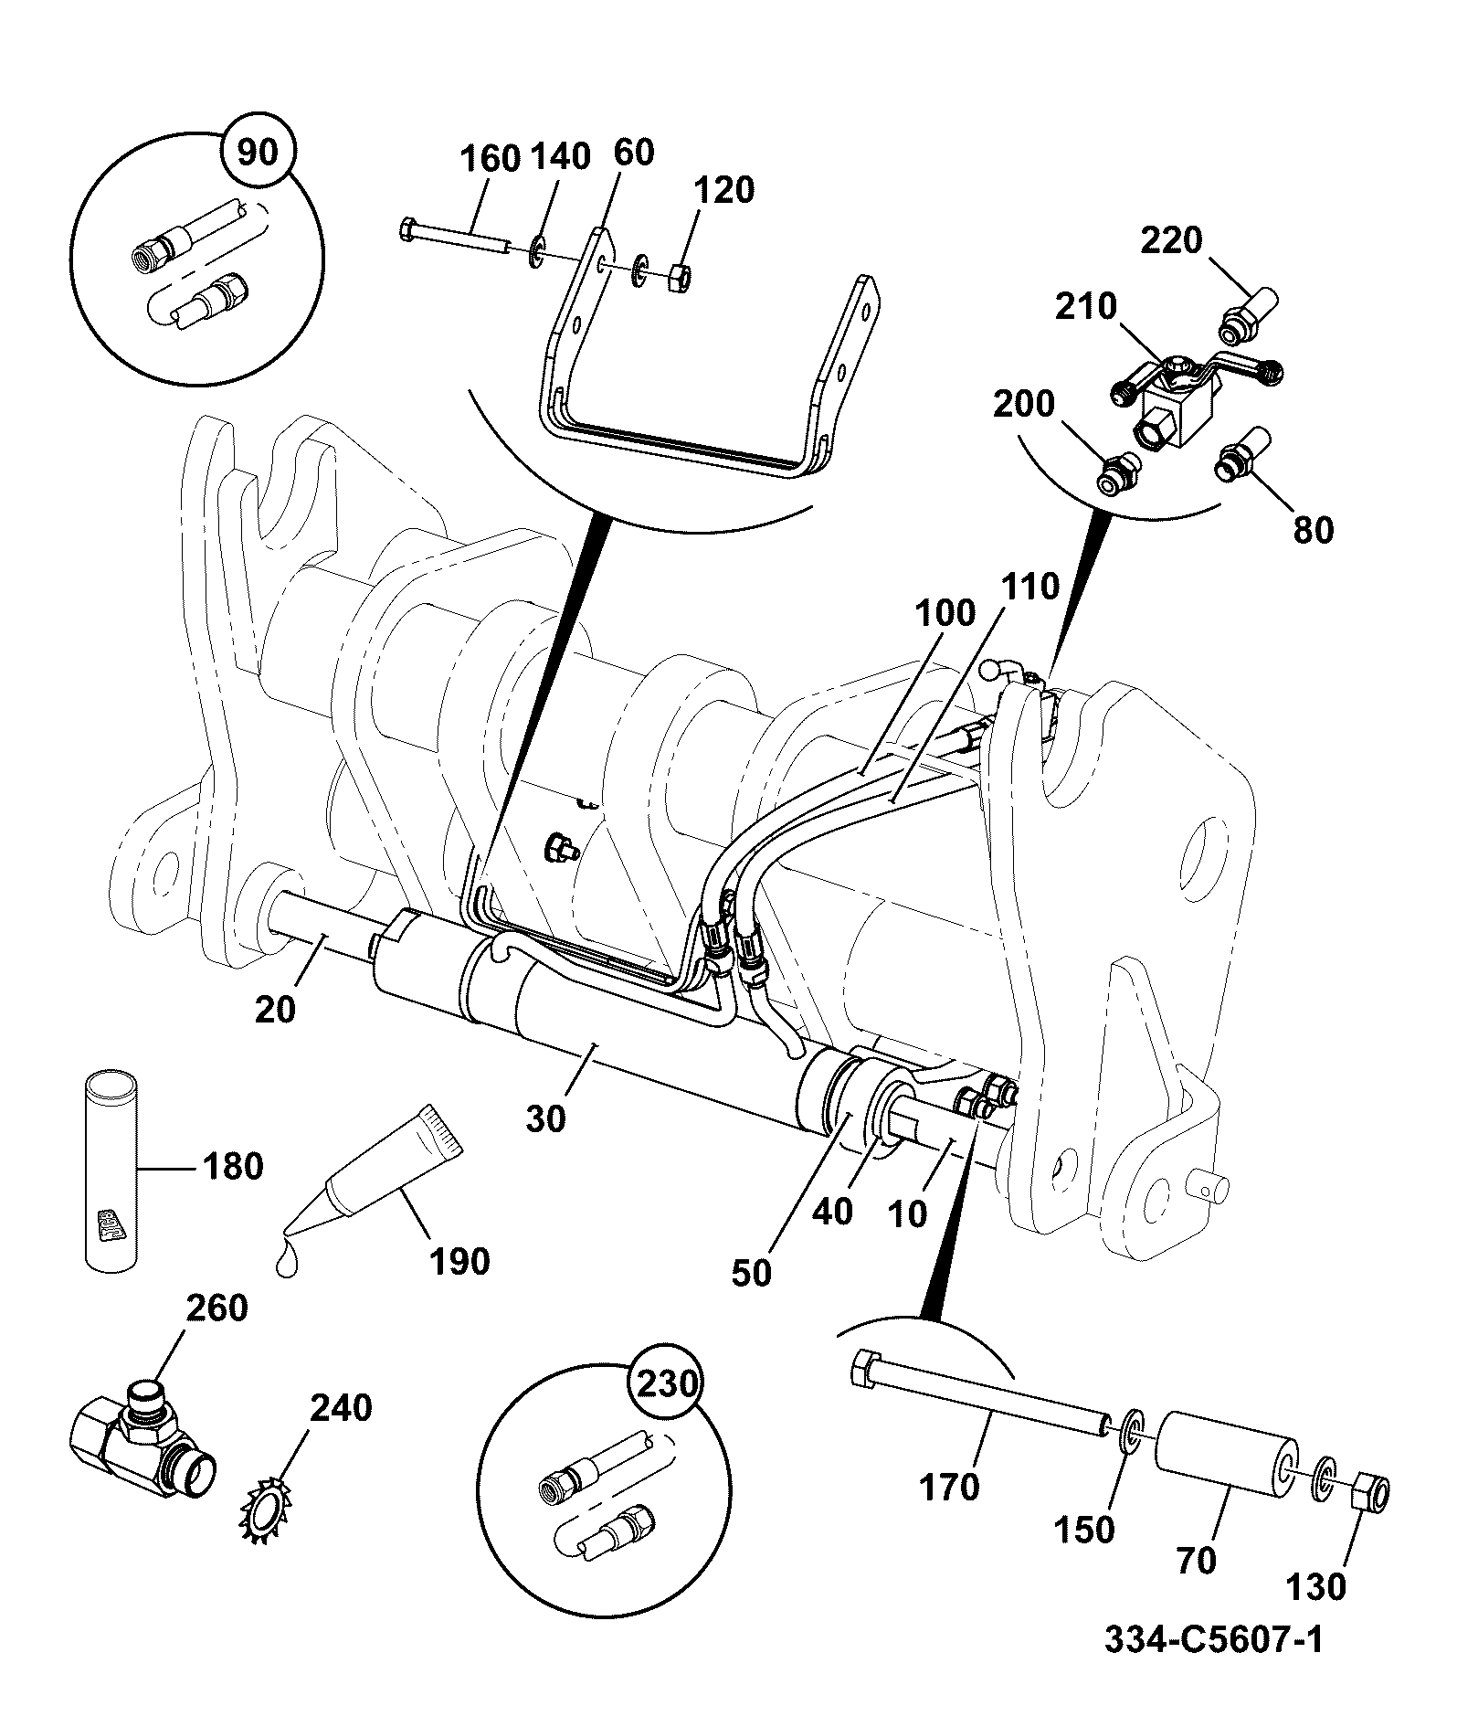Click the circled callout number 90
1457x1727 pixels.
coord(257,152)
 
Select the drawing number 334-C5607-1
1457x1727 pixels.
coord(1213,1640)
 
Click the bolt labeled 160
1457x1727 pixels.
coord(454,236)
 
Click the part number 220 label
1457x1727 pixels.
coord(1172,241)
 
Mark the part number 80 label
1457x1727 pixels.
coord(1314,530)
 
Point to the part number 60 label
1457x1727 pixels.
coord(634,152)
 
